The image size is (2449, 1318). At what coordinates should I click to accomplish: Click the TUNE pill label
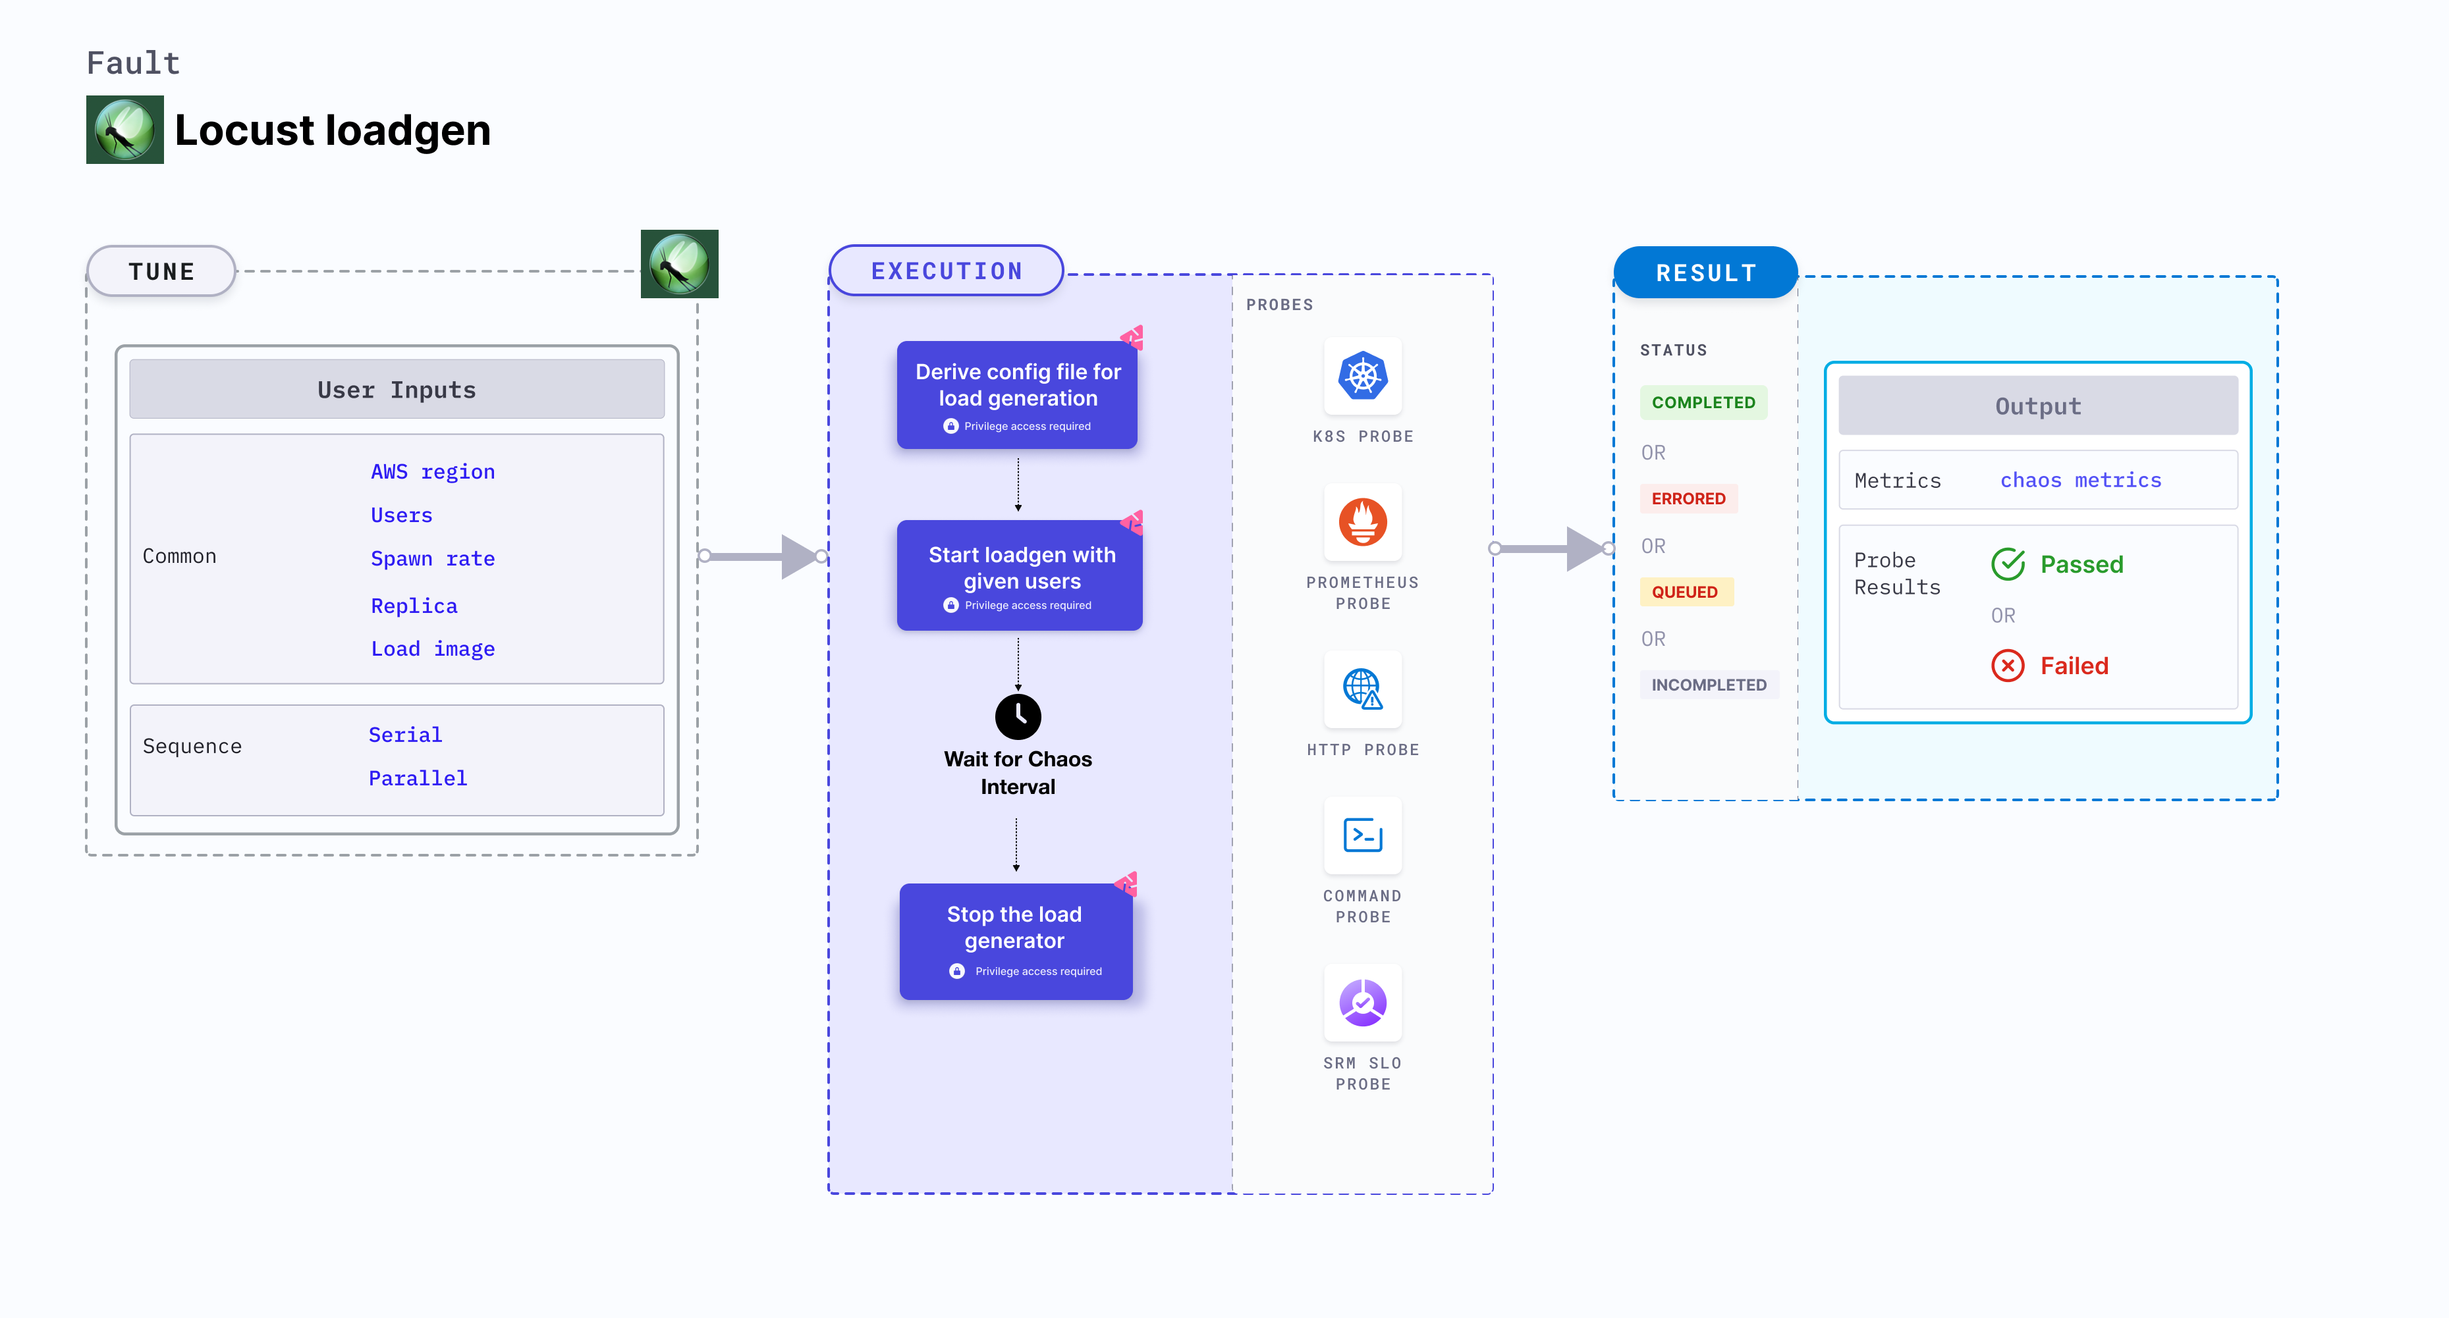pos(161,272)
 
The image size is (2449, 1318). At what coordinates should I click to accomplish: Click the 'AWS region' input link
pos(433,472)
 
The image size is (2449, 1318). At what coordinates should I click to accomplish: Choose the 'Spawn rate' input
pos(433,559)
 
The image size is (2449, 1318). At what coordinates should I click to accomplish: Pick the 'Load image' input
pos(433,649)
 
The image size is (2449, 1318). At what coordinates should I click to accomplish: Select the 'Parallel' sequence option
pos(418,778)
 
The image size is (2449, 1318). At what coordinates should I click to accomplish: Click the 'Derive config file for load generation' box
pos(1017,395)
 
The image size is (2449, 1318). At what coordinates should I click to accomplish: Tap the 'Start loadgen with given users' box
pos(1019,575)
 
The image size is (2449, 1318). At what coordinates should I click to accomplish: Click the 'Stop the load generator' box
pos(1015,941)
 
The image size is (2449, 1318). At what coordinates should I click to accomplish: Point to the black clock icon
pos(1017,716)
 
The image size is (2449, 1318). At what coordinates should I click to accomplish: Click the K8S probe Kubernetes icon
pos(1362,377)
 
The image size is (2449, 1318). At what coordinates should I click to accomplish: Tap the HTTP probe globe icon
pos(1362,689)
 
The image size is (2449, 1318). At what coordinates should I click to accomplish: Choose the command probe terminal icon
pos(1362,835)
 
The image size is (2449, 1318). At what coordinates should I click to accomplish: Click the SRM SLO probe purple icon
pos(1362,1003)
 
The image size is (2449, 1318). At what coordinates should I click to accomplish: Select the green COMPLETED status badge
pos(1703,403)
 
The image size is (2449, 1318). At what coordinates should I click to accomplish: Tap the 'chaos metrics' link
pos(2080,481)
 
